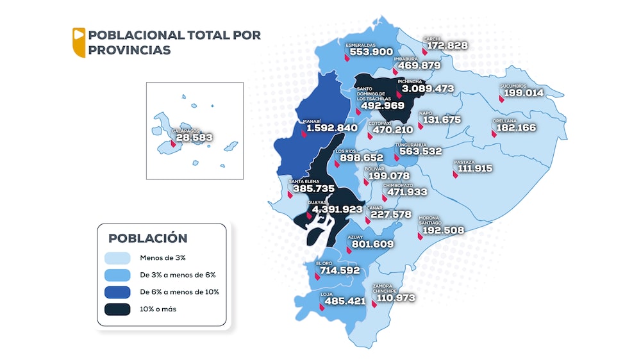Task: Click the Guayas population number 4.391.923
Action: point(337,209)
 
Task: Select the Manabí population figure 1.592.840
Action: point(331,128)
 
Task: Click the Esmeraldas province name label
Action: point(360,45)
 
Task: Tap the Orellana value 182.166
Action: point(514,127)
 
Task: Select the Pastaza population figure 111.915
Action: point(475,168)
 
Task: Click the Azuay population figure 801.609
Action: point(370,244)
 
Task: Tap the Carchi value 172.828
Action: point(446,46)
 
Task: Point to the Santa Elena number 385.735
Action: point(312,189)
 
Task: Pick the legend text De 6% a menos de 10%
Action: point(179,292)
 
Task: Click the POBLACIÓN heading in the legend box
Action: point(147,238)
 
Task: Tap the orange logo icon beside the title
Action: point(78,42)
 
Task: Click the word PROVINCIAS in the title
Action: point(129,50)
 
